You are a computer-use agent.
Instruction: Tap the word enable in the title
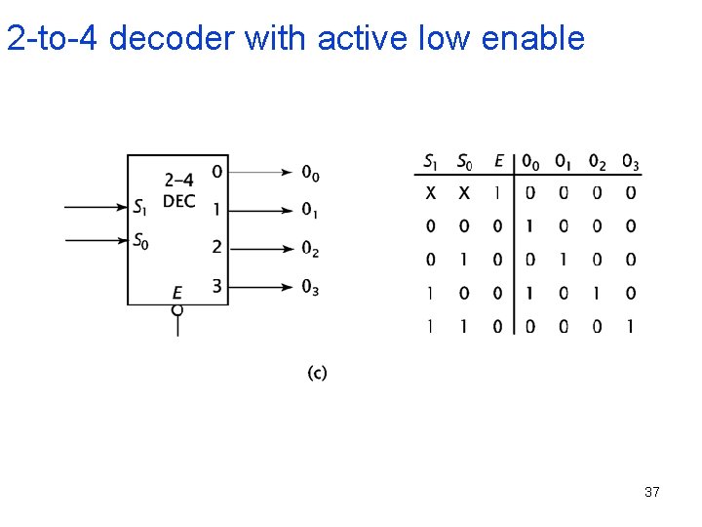(x=535, y=38)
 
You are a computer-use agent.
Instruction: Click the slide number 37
(x=651, y=492)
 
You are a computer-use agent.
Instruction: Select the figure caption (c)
(x=317, y=373)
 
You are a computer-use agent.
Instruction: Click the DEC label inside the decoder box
(x=178, y=201)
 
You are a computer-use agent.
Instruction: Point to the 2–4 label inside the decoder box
(x=178, y=180)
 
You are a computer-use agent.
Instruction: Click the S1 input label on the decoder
(x=141, y=207)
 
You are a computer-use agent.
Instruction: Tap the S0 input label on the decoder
(x=141, y=239)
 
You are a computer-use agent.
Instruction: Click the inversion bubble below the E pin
(x=177, y=310)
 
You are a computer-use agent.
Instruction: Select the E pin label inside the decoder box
(x=177, y=293)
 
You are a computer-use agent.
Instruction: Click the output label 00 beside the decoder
(x=310, y=174)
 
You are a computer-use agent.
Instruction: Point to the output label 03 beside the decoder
(x=310, y=287)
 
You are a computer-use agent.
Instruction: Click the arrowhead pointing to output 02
(x=289, y=248)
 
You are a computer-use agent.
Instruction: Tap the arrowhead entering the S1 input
(x=124, y=207)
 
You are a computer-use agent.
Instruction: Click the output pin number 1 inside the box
(x=216, y=210)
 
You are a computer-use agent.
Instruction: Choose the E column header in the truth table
(x=498, y=161)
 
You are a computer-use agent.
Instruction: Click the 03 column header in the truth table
(x=630, y=161)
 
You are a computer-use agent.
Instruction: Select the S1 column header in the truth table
(x=431, y=161)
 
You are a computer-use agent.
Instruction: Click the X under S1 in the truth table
(x=431, y=193)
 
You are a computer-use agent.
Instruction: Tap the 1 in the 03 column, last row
(x=630, y=327)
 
